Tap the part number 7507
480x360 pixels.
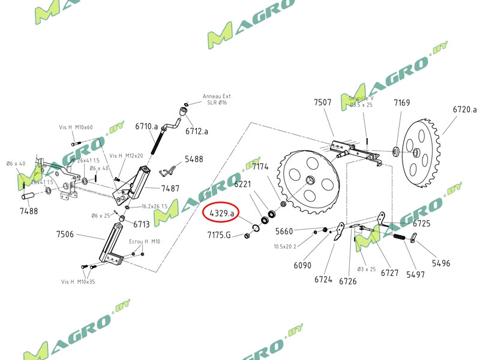coord(322,103)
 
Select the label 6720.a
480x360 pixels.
coord(464,110)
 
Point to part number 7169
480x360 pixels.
coord(401,103)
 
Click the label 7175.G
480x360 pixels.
coord(219,235)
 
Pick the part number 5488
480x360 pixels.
coord(194,160)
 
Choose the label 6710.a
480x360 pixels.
coord(146,127)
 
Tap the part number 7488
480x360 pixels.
coord(28,211)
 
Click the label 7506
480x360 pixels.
coord(65,234)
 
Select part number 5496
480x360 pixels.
coord(440,263)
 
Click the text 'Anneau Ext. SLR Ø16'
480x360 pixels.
coord(217,99)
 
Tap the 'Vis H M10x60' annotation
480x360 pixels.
coord(76,127)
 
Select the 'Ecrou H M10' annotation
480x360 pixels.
coord(145,241)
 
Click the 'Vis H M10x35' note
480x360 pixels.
coord(77,281)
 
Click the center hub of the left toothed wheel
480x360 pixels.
coord(310,181)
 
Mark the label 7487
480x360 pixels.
coord(170,188)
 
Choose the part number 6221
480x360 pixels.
coord(242,184)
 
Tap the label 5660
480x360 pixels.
coord(284,231)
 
